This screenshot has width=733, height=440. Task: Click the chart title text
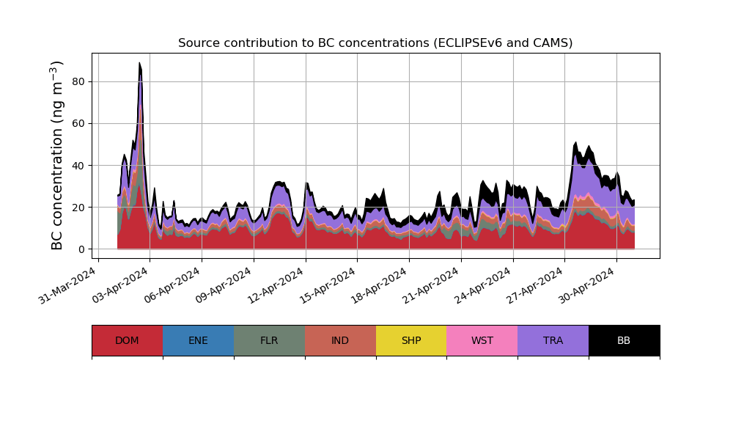coord(375,43)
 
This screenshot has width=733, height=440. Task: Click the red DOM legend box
coord(127,340)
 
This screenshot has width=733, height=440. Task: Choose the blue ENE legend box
coord(198,340)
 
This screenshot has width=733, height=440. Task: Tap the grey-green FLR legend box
coord(269,340)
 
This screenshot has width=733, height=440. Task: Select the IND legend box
coord(340,340)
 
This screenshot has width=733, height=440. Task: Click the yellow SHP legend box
coord(411,340)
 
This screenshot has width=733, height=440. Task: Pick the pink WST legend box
coord(482,340)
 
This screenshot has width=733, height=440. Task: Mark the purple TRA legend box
coord(553,340)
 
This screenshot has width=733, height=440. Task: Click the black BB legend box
coord(624,340)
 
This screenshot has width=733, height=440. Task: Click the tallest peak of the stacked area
coord(139,65)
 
